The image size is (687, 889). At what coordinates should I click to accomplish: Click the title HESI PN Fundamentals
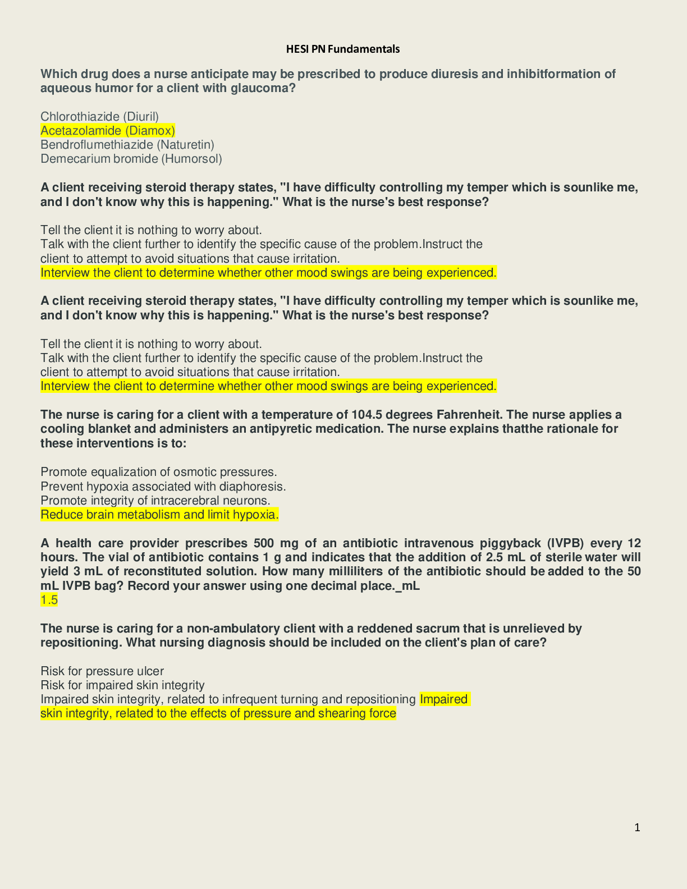[343, 49]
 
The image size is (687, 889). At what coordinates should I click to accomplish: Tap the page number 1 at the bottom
[637, 827]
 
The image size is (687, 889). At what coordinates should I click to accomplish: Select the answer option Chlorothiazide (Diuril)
[99, 117]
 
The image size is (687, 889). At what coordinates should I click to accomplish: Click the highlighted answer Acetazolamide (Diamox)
[108, 131]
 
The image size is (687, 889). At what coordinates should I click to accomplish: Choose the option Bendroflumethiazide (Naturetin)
[127, 145]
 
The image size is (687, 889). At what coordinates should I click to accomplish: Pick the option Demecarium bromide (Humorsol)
[131, 159]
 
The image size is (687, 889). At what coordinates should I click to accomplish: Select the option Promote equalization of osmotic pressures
[159, 472]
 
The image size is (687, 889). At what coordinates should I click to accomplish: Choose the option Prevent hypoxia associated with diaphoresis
[163, 486]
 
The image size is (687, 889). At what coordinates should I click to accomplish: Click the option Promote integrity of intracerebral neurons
[155, 500]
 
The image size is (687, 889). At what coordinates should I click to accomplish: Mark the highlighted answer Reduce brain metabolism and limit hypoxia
[159, 515]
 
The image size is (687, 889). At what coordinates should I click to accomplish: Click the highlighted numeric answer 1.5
[49, 600]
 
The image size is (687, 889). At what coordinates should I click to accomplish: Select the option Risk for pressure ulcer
[102, 671]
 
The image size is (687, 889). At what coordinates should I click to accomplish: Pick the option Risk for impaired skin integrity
[122, 685]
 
